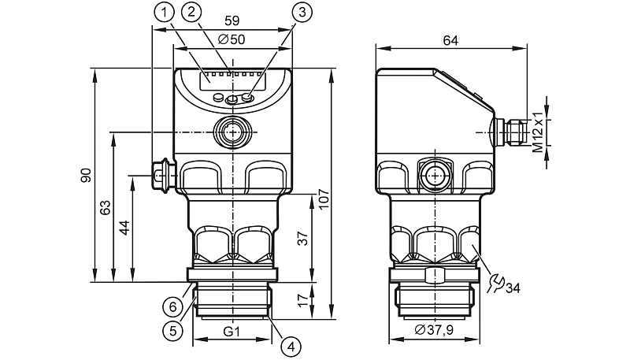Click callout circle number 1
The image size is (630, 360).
[164, 11]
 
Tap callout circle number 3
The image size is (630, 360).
[302, 11]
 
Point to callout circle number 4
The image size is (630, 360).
[291, 345]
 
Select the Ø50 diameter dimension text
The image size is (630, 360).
[232, 39]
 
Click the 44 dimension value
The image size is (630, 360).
[124, 228]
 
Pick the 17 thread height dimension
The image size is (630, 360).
[302, 300]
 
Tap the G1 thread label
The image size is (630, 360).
[232, 332]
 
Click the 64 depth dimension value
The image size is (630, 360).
[450, 39]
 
